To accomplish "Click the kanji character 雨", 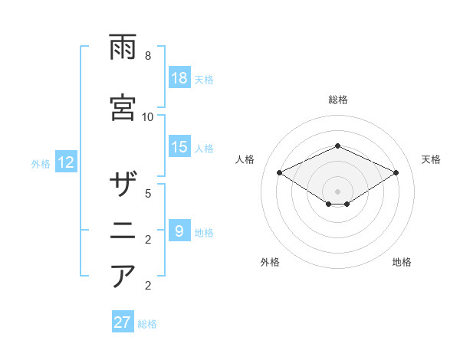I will (x=123, y=50).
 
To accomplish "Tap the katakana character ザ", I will (x=123, y=185).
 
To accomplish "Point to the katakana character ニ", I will (x=123, y=229).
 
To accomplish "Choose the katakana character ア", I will (x=123, y=275).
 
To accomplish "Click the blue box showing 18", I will (x=179, y=79).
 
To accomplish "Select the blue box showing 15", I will (x=179, y=148).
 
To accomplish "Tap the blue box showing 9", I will (x=179, y=231).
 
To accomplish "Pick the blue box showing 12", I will (x=66, y=162).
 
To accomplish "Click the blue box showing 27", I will (x=123, y=322).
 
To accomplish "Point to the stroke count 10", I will (x=148, y=116).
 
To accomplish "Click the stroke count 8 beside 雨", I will (x=148, y=57).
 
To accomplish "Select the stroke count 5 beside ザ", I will (x=148, y=193).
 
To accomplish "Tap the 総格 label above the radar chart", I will (x=337, y=100).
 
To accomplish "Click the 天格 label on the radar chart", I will (x=431, y=159).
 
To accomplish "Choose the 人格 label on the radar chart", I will (x=245, y=159).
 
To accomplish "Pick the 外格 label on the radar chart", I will (x=269, y=262).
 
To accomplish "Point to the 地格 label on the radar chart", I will (x=402, y=262).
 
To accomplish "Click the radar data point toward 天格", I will (x=396, y=173).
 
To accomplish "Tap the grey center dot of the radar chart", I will (x=337, y=191).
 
